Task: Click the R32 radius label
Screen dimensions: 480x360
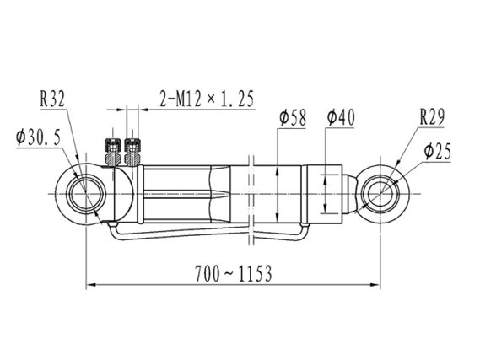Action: (x=52, y=99)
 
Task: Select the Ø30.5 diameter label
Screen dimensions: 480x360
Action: (x=39, y=137)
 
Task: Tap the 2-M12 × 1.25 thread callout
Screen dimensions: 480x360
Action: (x=207, y=99)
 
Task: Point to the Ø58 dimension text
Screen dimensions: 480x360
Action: (x=293, y=118)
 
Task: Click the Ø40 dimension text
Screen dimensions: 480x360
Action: (x=341, y=117)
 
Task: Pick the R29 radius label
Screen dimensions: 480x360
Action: (x=432, y=116)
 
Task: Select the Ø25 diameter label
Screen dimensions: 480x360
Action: (x=438, y=152)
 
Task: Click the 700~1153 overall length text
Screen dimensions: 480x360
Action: (x=234, y=274)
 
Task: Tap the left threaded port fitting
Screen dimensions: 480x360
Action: (x=113, y=152)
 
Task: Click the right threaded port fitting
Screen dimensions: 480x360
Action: (x=132, y=152)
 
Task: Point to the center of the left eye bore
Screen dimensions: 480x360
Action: (x=86, y=194)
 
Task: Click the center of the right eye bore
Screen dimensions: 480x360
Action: (x=380, y=194)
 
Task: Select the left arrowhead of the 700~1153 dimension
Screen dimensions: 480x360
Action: (x=91, y=285)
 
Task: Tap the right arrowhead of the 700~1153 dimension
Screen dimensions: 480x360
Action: (x=375, y=285)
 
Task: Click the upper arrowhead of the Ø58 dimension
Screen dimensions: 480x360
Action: (x=278, y=172)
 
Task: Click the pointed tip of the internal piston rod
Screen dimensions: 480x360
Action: (x=229, y=194)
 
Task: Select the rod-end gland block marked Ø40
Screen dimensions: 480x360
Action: (x=324, y=194)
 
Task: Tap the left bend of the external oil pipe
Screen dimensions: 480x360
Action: (x=113, y=234)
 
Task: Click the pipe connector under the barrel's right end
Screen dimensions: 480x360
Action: (x=305, y=225)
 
